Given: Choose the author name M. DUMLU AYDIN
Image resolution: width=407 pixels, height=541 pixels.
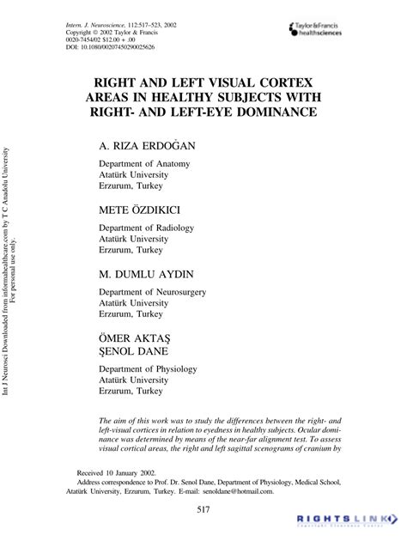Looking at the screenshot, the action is (x=146, y=275).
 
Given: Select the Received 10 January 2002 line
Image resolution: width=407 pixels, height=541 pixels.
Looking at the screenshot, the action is (x=119, y=472).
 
